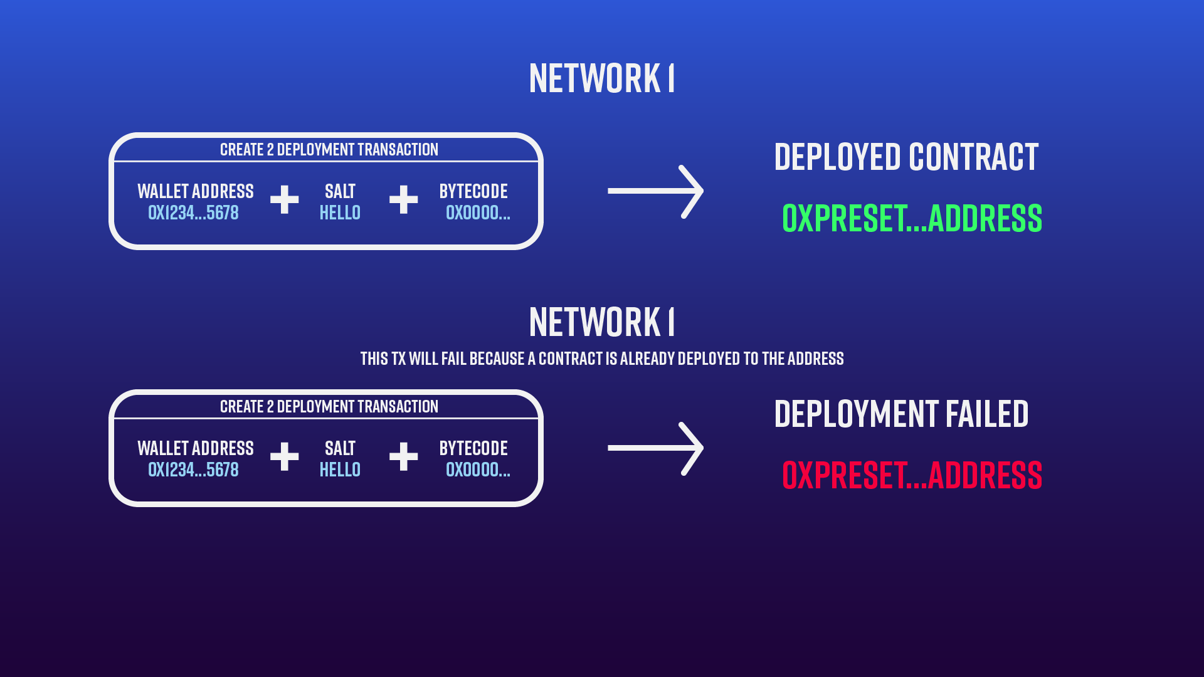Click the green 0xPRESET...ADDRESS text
click(x=912, y=218)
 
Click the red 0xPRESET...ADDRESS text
click(x=912, y=475)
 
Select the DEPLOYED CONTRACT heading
click(x=906, y=157)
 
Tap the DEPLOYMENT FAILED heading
click(x=901, y=414)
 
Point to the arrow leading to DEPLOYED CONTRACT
click(x=655, y=191)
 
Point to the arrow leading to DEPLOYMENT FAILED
click(x=655, y=448)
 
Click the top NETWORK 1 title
click(x=601, y=78)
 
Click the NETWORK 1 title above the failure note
click(x=601, y=322)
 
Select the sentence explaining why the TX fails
click(x=601, y=359)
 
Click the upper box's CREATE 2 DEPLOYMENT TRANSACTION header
click(x=329, y=150)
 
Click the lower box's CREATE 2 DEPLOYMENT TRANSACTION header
click(x=329, y=407)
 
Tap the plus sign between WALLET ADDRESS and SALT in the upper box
click(x=284, y=199)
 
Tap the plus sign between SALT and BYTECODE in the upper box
click(x=403, y=199)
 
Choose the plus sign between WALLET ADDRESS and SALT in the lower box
click(x=284, y=456)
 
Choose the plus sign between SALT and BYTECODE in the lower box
click(x=403, y=456)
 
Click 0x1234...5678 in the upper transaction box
click(x=193, y=213)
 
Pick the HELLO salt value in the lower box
click(x=340, y=470)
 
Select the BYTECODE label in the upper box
click(x=473, y=191)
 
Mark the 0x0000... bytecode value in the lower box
click(x=478, y=470)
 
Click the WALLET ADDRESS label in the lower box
click(x=196, y=448)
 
